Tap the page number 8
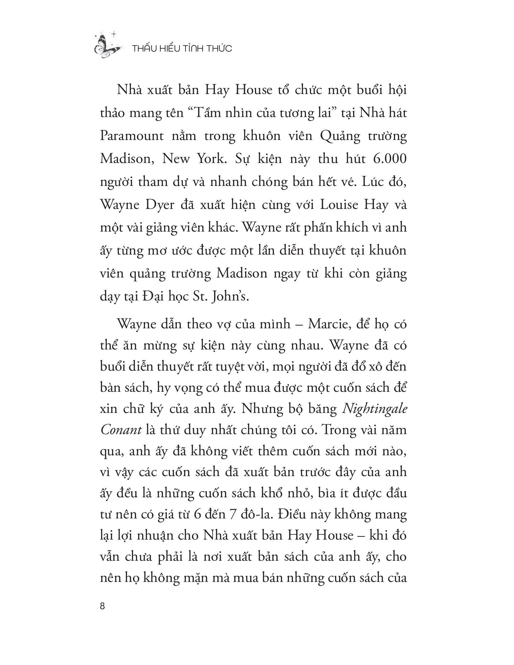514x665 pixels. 102,606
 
